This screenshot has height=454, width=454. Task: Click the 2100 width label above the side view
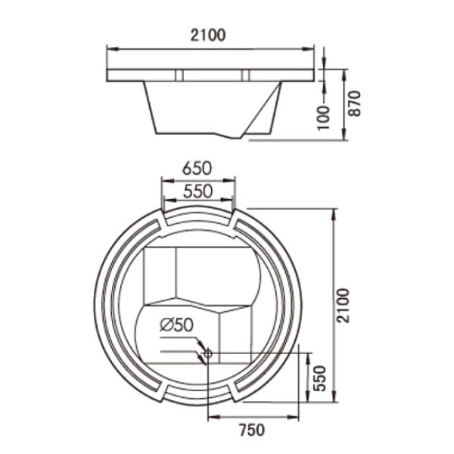click(207, 36)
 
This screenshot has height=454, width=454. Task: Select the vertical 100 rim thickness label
click(324, 118)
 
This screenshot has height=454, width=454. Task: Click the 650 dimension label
click(197, 168)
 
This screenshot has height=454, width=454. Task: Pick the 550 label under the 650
click(198, 191)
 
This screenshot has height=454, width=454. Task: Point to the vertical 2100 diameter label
click(344, 306)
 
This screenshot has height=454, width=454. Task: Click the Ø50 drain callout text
click(176, 325)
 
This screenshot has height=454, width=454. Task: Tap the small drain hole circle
click(208, 353)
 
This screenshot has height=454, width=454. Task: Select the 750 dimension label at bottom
click(252, 430)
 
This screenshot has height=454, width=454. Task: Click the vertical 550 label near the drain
click(320, 378)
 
